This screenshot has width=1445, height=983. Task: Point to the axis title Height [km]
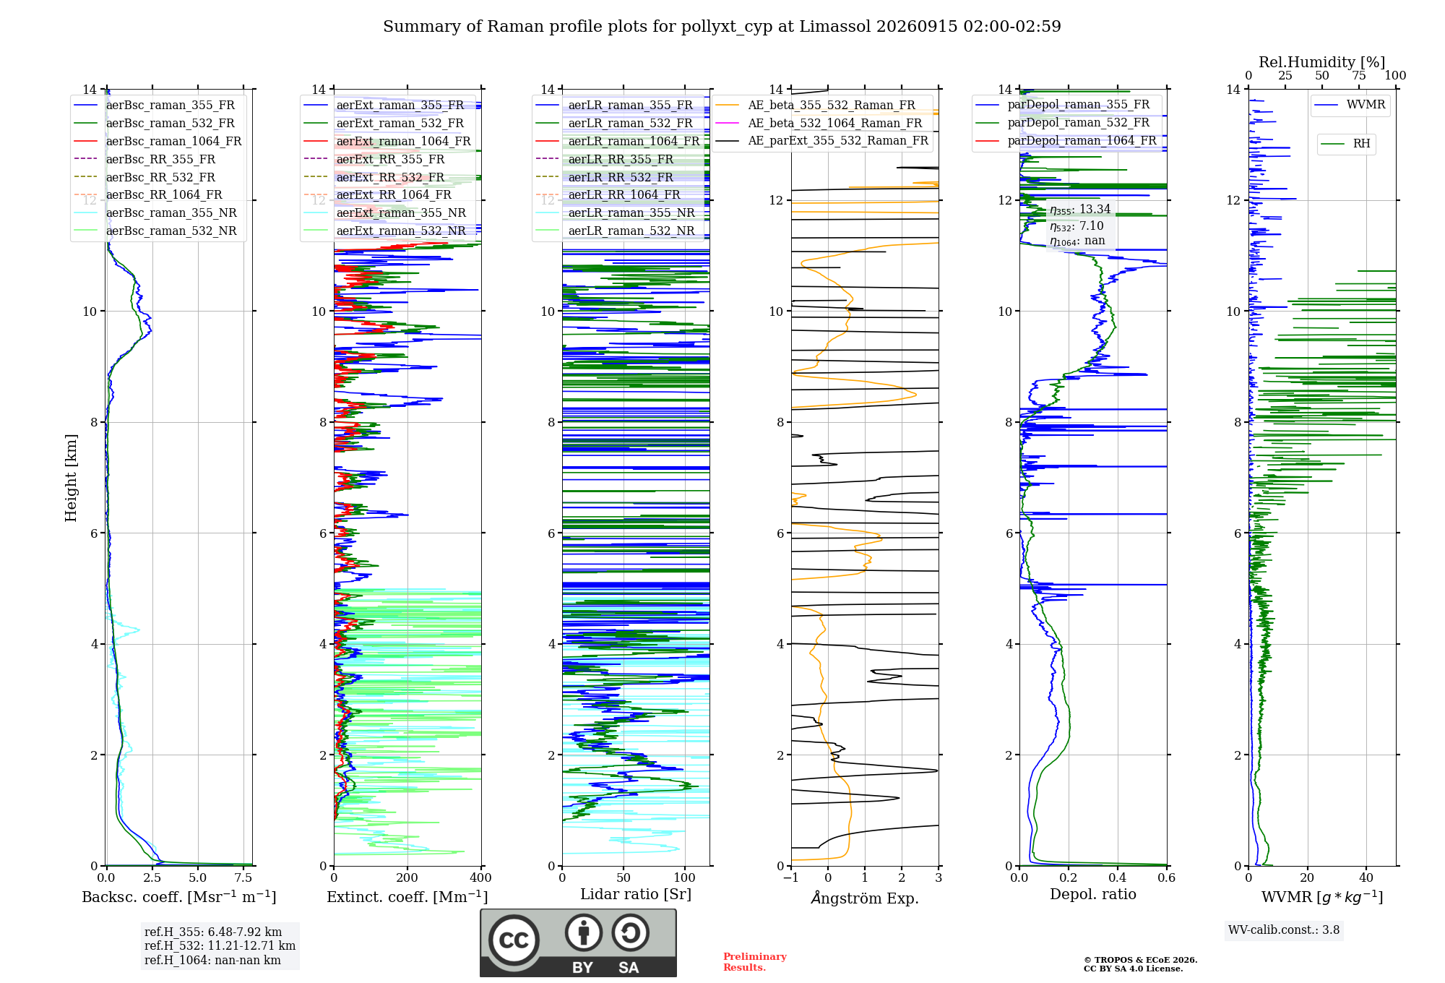[x=71, y=478]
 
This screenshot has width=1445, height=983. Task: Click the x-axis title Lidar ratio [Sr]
[x=636, y=894]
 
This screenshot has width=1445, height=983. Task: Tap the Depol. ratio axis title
[x=1093, y=894]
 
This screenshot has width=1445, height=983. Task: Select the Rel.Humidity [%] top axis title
[x=1322, y=62]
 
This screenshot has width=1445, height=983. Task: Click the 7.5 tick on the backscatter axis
[x=243, y=877]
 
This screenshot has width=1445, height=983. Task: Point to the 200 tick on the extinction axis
[x=407, y=877]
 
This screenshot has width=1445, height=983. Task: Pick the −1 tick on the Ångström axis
[x=791, y=877]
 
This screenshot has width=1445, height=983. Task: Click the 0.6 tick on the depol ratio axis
[x=1167, y=877]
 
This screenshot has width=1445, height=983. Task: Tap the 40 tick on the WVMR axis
[x=1366, y=877]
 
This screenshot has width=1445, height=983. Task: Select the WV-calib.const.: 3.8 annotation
[x=1284, y=930]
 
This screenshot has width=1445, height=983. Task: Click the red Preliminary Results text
[x=755, y=962]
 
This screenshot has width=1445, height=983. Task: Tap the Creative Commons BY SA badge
[x=578, y=943]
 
